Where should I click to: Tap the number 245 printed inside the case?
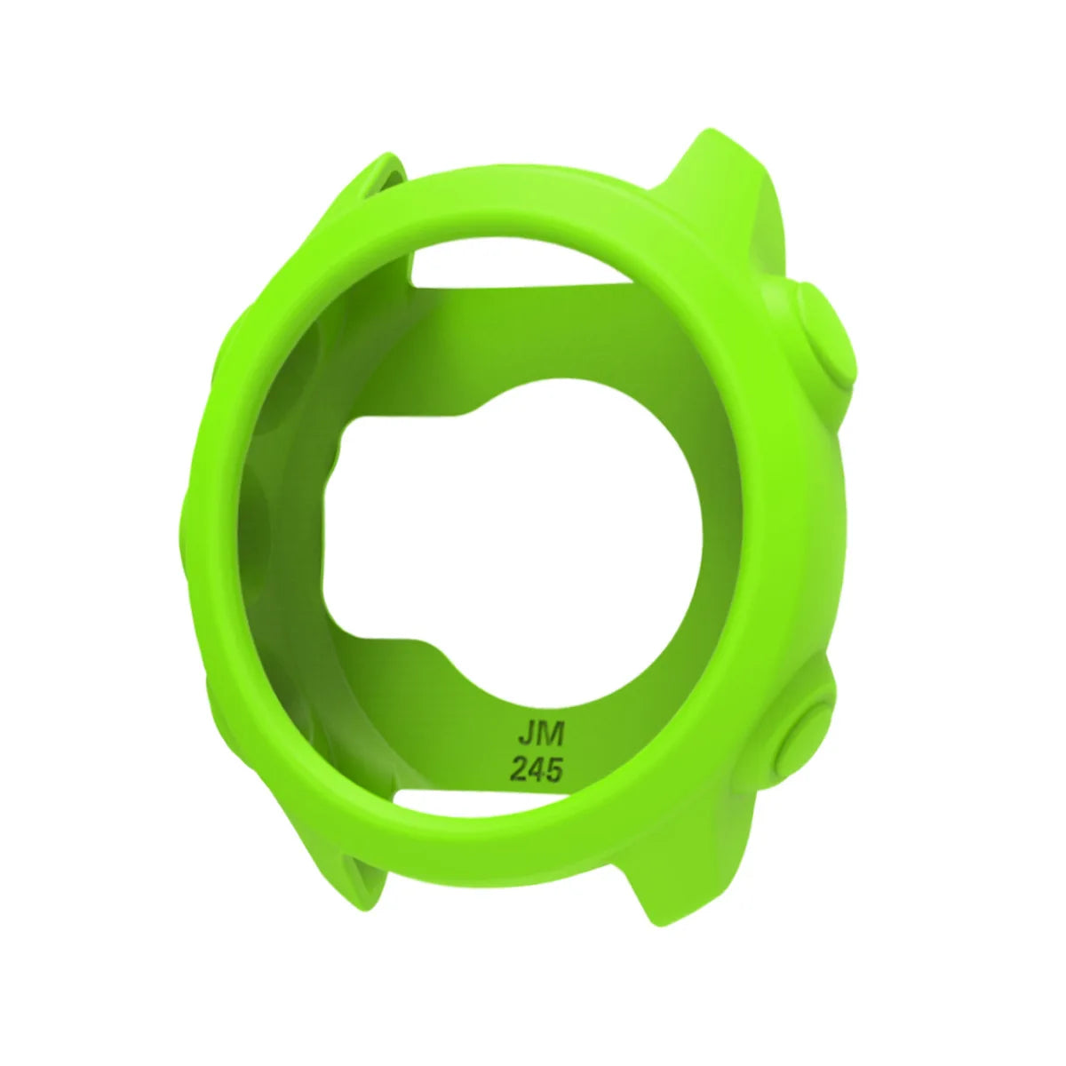pos(534,769)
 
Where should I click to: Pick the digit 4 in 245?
pos(534,769)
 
